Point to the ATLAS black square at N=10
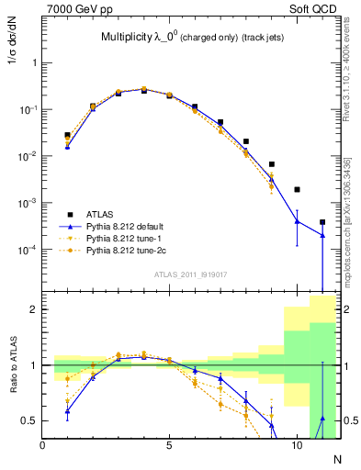coord(297,189)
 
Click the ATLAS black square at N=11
coord(322,222)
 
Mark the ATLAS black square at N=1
coord(67,135)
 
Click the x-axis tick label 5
coord(170,444)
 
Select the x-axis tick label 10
coord(297,444)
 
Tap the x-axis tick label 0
coord(42,444)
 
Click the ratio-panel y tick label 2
coord(33,310)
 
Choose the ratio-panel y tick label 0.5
coord(28,420)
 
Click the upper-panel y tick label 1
coord(33,63)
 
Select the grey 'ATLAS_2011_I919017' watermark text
coord(192,274)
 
